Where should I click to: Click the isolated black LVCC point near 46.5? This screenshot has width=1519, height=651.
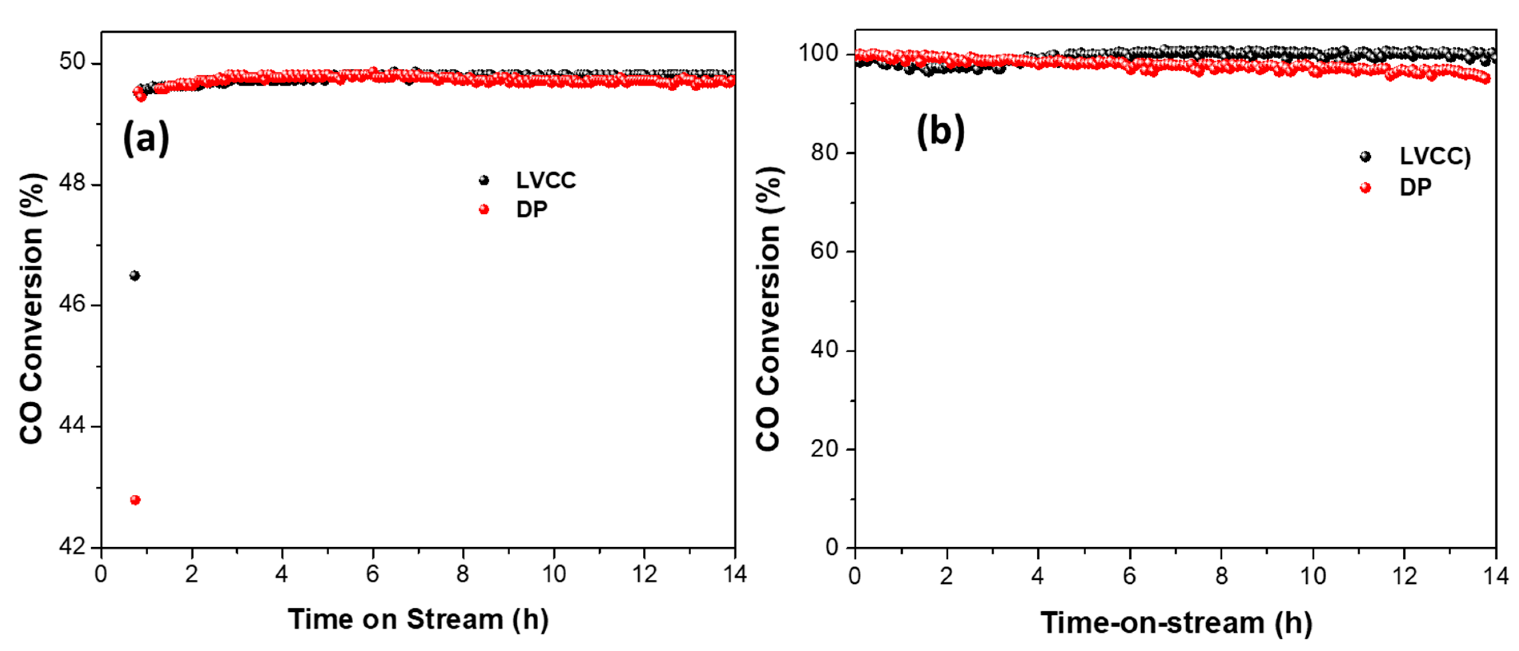pyautogui.click(x=135, y=275)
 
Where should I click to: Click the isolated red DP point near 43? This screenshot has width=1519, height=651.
pyautogui.click(x=135, y=500)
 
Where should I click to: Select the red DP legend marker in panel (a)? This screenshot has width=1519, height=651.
pyautogui.click(x=483, y=210)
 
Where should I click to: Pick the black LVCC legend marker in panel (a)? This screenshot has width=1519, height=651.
pyautogui.click(x=483, y=180)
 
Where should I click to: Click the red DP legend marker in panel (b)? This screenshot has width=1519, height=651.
pyautogui.click(x=1365, y=187)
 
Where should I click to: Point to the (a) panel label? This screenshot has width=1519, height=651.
pyautogui.click(x=146, y=138)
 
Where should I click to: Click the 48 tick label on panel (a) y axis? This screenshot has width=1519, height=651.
pyautogui.click(x=72, y=184)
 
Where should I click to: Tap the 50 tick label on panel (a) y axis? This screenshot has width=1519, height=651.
pyautogui.click(x=72, y=62)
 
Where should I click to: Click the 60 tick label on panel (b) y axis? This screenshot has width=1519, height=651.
pyautogui.click(x=824, y=251)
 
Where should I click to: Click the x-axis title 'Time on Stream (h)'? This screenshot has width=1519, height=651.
pyautogui.click(x=418, y=620)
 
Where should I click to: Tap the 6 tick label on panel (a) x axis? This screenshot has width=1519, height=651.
pyautogui.click(x=373, y=574)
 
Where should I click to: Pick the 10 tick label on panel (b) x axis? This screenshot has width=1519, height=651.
pyautogui.click(x=1313, y=576)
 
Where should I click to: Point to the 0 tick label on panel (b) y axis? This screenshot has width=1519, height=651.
pyautogui.click(x=831, y=547)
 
